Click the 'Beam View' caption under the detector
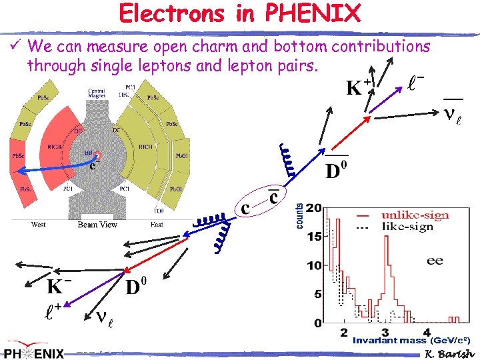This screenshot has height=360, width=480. coord(97,225)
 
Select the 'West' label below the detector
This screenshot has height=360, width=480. coord(39,225)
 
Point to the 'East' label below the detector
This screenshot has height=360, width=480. coord(157,225)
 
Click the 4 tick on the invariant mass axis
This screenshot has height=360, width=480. coord(427,331)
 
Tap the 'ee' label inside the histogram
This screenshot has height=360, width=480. coord(435,260)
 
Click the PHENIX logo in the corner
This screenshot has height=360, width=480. coord(35,352)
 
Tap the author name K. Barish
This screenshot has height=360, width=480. coord(449,353)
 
